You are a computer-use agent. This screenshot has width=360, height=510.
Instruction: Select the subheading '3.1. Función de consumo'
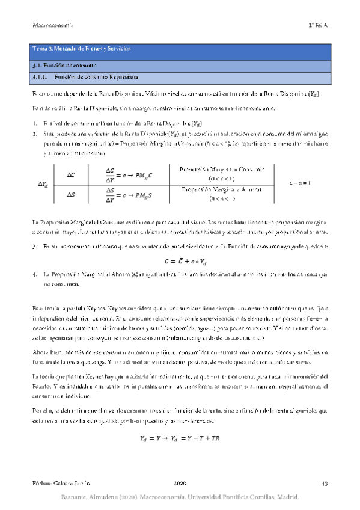click(63, 64)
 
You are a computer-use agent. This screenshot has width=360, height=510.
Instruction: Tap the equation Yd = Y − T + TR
click(180, 437)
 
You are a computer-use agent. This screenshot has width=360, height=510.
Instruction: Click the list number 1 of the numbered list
click(35, 123)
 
